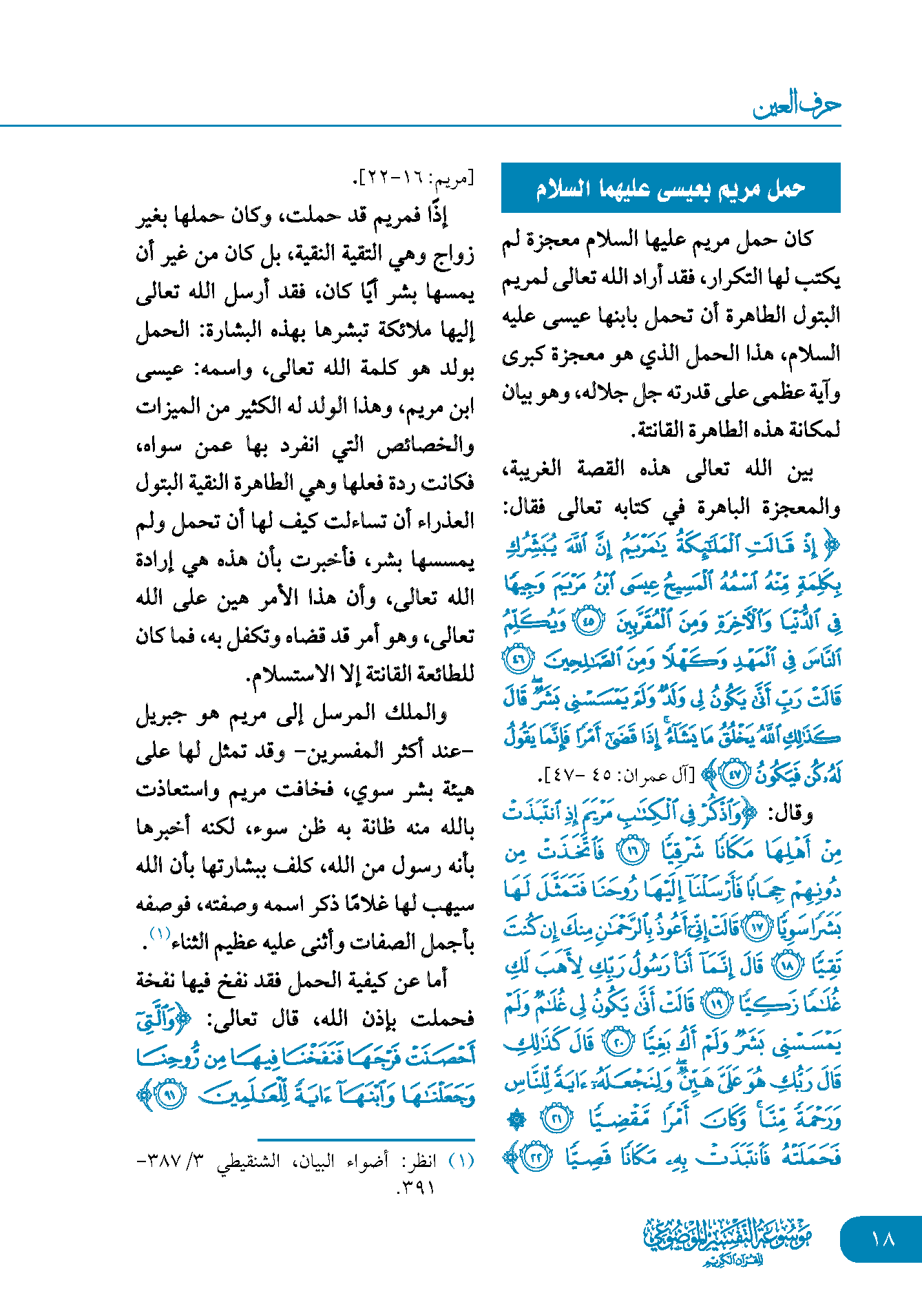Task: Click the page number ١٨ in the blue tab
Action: (882, 1239)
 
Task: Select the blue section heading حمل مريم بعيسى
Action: (671, 188)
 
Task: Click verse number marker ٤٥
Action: (589, 622)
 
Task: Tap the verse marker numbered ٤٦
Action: (518, 661)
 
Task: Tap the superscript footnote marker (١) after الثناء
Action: (160, 935)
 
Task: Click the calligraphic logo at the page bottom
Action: (728, 1241)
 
